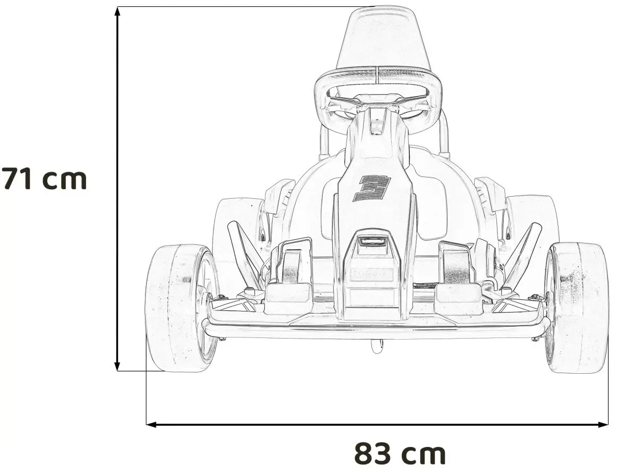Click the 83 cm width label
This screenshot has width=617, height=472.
400,453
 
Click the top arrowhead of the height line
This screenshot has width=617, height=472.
117,12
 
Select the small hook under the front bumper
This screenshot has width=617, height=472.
377,347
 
